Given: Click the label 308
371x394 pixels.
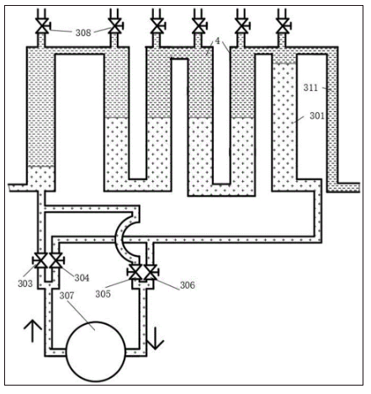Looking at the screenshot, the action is point(83,33).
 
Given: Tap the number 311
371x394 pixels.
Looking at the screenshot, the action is point(310,88).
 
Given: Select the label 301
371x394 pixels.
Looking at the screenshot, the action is point(317,115).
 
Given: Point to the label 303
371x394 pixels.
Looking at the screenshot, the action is point(25,284).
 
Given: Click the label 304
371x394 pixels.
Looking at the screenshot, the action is point(82,278).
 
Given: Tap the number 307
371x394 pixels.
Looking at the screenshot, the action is point(66,295).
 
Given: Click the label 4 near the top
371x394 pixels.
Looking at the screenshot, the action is point(217,41).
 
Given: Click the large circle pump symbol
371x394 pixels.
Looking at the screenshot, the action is point(96,352).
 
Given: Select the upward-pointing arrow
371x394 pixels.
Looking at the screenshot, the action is point(33,331).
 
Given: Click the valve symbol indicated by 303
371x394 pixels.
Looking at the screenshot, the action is point(40,261).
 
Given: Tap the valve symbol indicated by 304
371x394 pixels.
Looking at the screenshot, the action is point(56,261).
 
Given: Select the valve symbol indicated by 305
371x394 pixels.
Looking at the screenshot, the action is point(135,272).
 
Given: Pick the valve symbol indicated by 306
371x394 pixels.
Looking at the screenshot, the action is point(151,272).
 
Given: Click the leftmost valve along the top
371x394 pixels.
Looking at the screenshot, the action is point(42,26).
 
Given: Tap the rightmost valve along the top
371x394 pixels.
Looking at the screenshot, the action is point(283,26).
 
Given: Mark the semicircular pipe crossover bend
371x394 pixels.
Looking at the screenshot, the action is point(125,238).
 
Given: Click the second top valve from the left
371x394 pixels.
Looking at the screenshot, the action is point(115,26).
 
